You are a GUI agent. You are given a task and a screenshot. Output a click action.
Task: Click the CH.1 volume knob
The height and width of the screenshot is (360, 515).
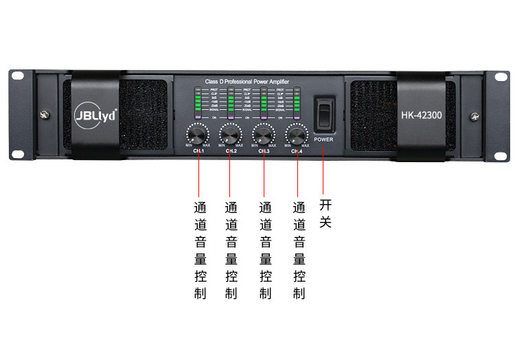tap(198, 133)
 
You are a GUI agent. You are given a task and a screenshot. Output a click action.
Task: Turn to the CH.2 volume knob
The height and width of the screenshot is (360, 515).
tap(230, 133)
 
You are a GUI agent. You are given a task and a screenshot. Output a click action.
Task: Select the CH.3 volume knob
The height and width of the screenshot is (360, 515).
tap(264, 133)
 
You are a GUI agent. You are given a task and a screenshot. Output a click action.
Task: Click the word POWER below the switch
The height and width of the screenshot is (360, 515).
tap(323, 139)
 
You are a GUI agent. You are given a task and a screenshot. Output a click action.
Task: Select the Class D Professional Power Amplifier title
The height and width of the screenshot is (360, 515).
tap(247, 81)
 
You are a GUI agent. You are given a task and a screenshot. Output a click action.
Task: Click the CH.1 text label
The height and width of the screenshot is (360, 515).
tap(198, 151)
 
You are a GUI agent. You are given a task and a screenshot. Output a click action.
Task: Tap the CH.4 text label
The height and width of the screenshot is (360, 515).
tap(297, 151)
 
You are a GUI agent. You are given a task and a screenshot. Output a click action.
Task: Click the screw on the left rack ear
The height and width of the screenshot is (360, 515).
tap(45, 114)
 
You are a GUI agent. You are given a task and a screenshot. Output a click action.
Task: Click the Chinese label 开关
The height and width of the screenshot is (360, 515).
tap(325, 213)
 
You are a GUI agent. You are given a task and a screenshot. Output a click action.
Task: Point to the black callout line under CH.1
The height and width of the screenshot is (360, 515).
tap(198, 175)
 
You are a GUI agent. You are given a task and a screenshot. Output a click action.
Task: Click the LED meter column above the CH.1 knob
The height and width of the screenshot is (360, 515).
tap(199, 103)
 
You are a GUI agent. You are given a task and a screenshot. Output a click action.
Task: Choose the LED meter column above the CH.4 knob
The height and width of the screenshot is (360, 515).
tap(297, 103)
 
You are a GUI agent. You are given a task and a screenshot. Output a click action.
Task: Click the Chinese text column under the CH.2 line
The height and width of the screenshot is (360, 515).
tap(231, 250)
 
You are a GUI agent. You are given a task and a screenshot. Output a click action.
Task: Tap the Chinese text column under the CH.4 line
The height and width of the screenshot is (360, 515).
tap(299, 250)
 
